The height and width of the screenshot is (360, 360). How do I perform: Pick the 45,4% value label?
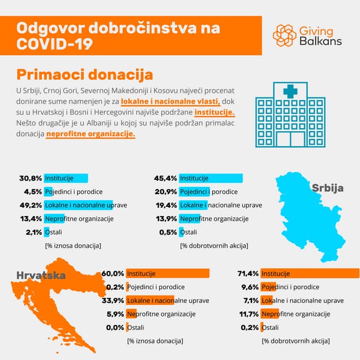pos(166,178)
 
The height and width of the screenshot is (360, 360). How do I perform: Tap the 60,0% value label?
pos(112,273)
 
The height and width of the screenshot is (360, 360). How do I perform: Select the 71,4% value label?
pos(247,273)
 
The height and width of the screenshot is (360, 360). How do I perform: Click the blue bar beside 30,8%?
pos(66,178)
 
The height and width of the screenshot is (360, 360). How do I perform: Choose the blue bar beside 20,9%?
pos(194,192)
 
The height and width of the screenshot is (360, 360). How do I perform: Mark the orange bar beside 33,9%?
pos(150,300)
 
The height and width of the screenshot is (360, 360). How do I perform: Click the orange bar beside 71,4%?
pos(310,273)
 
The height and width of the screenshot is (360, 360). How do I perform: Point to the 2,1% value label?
pos(33,232)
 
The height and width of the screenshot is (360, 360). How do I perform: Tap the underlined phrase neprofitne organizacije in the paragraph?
pos(91,135)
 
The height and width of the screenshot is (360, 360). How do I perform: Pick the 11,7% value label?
pos(247,314)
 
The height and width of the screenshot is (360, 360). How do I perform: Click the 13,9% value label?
pos(166,218)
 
